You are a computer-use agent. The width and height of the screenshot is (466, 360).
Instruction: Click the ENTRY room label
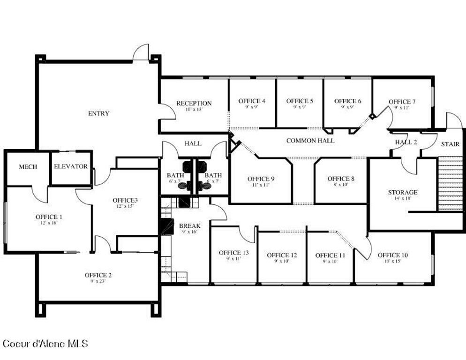(98, 113)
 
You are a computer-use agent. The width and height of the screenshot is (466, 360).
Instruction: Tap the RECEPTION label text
(194, 103)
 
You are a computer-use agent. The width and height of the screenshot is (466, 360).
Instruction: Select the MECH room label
(28, 167)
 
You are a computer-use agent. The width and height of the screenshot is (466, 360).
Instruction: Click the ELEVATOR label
(71, 166)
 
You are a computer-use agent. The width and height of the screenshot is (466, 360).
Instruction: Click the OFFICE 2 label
(98, 275)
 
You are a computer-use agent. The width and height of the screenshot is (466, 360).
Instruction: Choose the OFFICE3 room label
(125, 200)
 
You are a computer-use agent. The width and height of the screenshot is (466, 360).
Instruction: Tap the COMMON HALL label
(310, 140)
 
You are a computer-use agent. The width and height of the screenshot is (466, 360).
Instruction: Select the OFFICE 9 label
(261, 179)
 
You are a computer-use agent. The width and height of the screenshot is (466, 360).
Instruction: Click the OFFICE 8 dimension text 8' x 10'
(341, 185)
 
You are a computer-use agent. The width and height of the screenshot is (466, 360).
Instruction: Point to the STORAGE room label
(402, 192)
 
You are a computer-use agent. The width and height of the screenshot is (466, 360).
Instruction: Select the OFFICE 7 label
(402, 102)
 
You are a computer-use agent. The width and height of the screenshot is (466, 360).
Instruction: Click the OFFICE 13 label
(233, 253)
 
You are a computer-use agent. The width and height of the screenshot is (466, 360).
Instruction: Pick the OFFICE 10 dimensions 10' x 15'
(392, 261)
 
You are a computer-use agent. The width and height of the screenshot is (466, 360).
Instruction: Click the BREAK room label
(189, 226)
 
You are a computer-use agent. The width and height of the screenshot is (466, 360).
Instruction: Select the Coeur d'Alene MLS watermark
(45, 344)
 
